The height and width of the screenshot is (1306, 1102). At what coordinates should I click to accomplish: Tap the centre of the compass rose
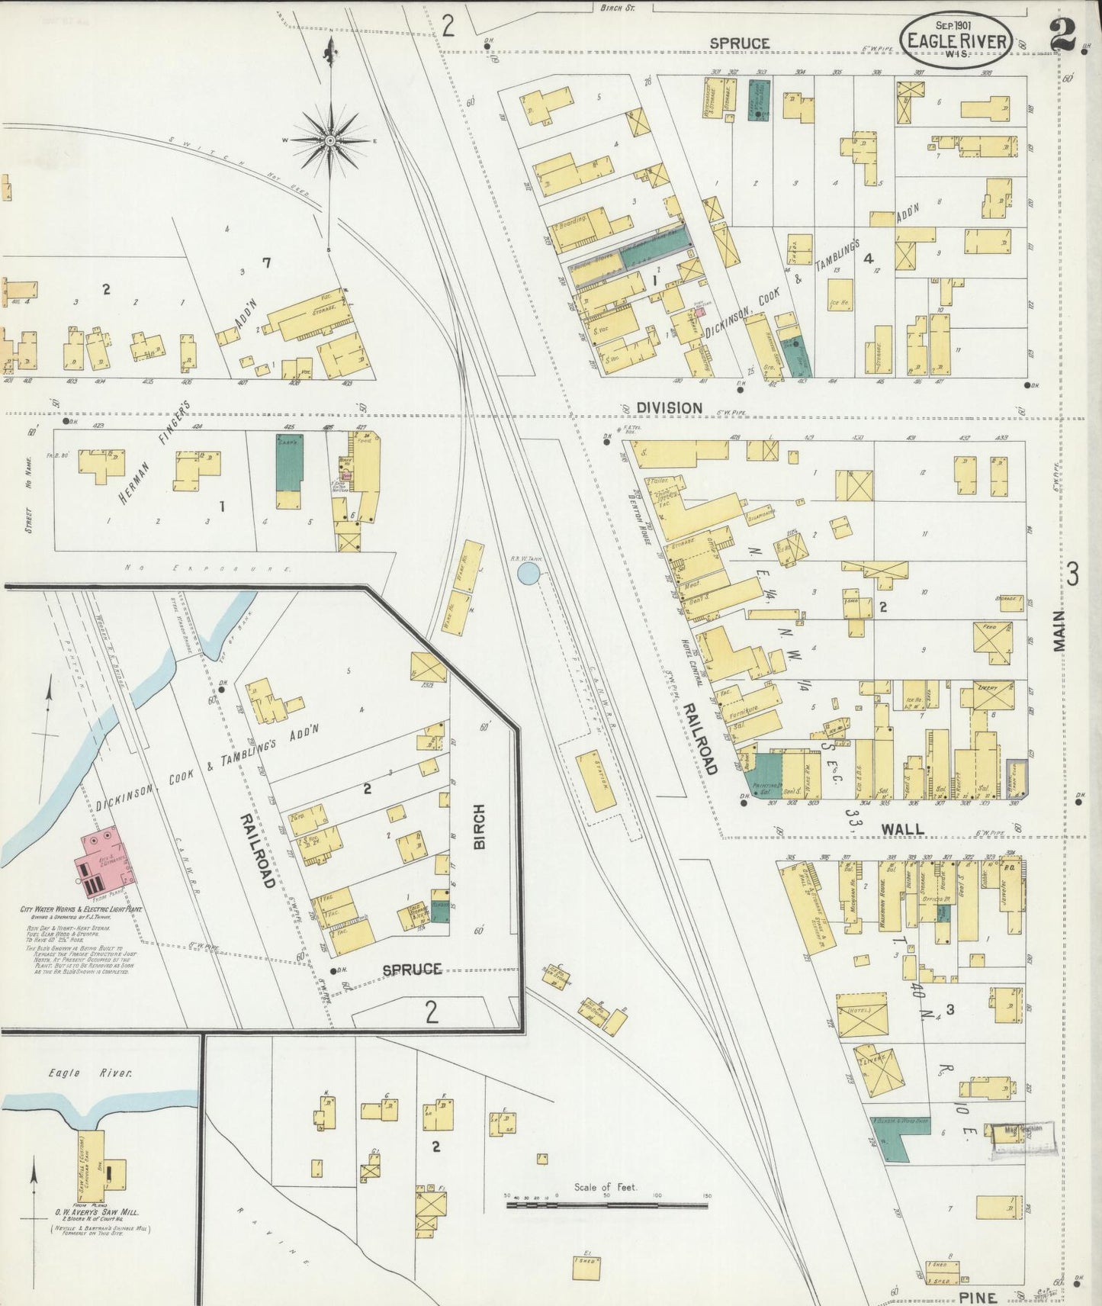coord(330,141)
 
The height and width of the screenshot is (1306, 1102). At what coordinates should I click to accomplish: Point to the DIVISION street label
coord(669,408)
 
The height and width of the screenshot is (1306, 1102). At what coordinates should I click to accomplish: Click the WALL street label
coord(903,828)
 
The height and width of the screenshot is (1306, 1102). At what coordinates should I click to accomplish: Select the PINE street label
coord(978,1297)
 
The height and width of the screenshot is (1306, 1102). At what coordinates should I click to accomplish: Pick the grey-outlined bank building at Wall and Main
coord(1016,779)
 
